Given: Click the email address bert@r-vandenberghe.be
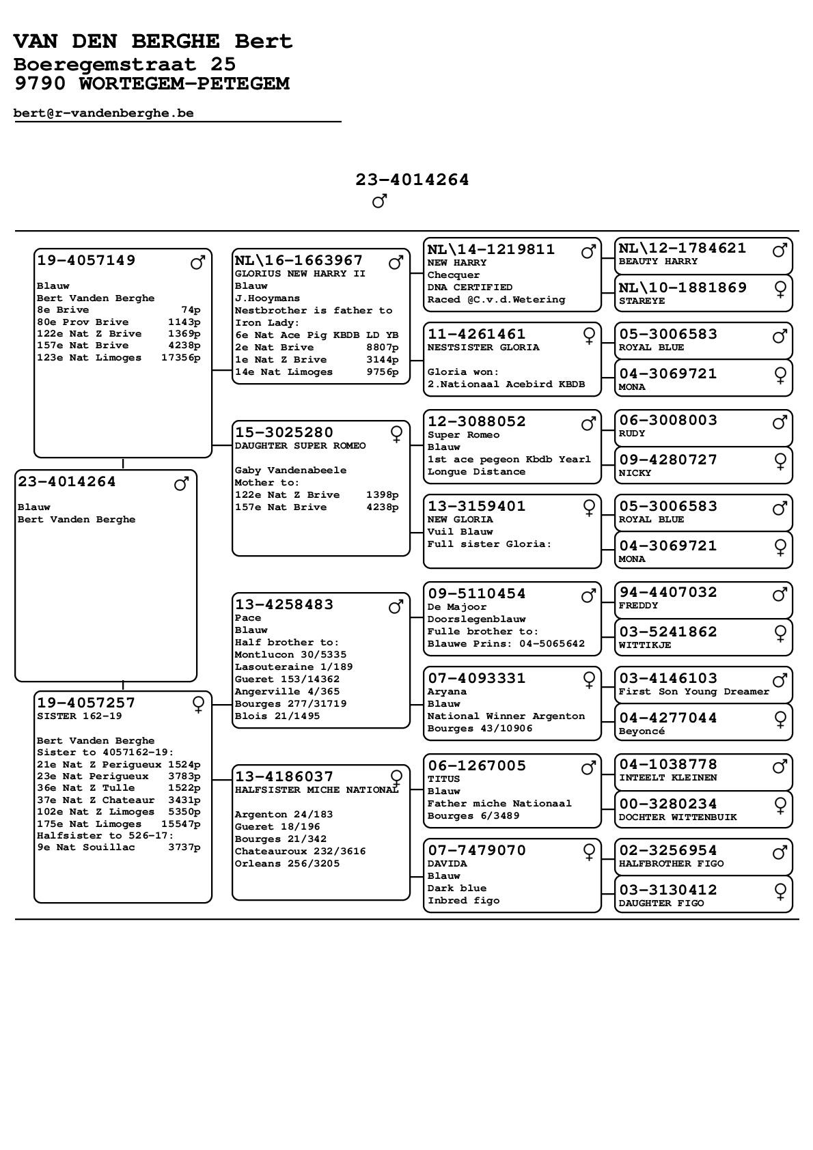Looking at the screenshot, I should coord(103,113).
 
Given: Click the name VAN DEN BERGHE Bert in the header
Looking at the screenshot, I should coord(153,42).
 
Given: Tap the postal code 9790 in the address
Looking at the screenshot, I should coord(39,84).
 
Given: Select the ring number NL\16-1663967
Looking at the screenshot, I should coord(299,260).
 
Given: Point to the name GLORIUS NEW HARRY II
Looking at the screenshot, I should coord(300,274).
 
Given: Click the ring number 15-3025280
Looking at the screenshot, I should coord(284,432).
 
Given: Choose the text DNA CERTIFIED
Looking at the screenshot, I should coord(469,287).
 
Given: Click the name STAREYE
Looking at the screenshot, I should coord(642,301).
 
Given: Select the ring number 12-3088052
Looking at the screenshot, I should coord(477,421).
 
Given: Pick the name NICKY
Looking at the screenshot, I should coord(635,473).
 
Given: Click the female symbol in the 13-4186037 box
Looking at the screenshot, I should coord(396,777).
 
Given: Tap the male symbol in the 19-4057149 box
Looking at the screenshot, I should coord(197,262).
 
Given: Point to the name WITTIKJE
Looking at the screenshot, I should coord(644,645).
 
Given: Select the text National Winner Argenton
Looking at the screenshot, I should coord(506,716).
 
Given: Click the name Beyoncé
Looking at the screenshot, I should coord(642,731).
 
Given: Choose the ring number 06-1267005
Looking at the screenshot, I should coord(477,766).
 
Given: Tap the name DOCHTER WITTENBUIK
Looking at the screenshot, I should coord(678,817).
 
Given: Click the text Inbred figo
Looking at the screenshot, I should coord(463,901).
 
